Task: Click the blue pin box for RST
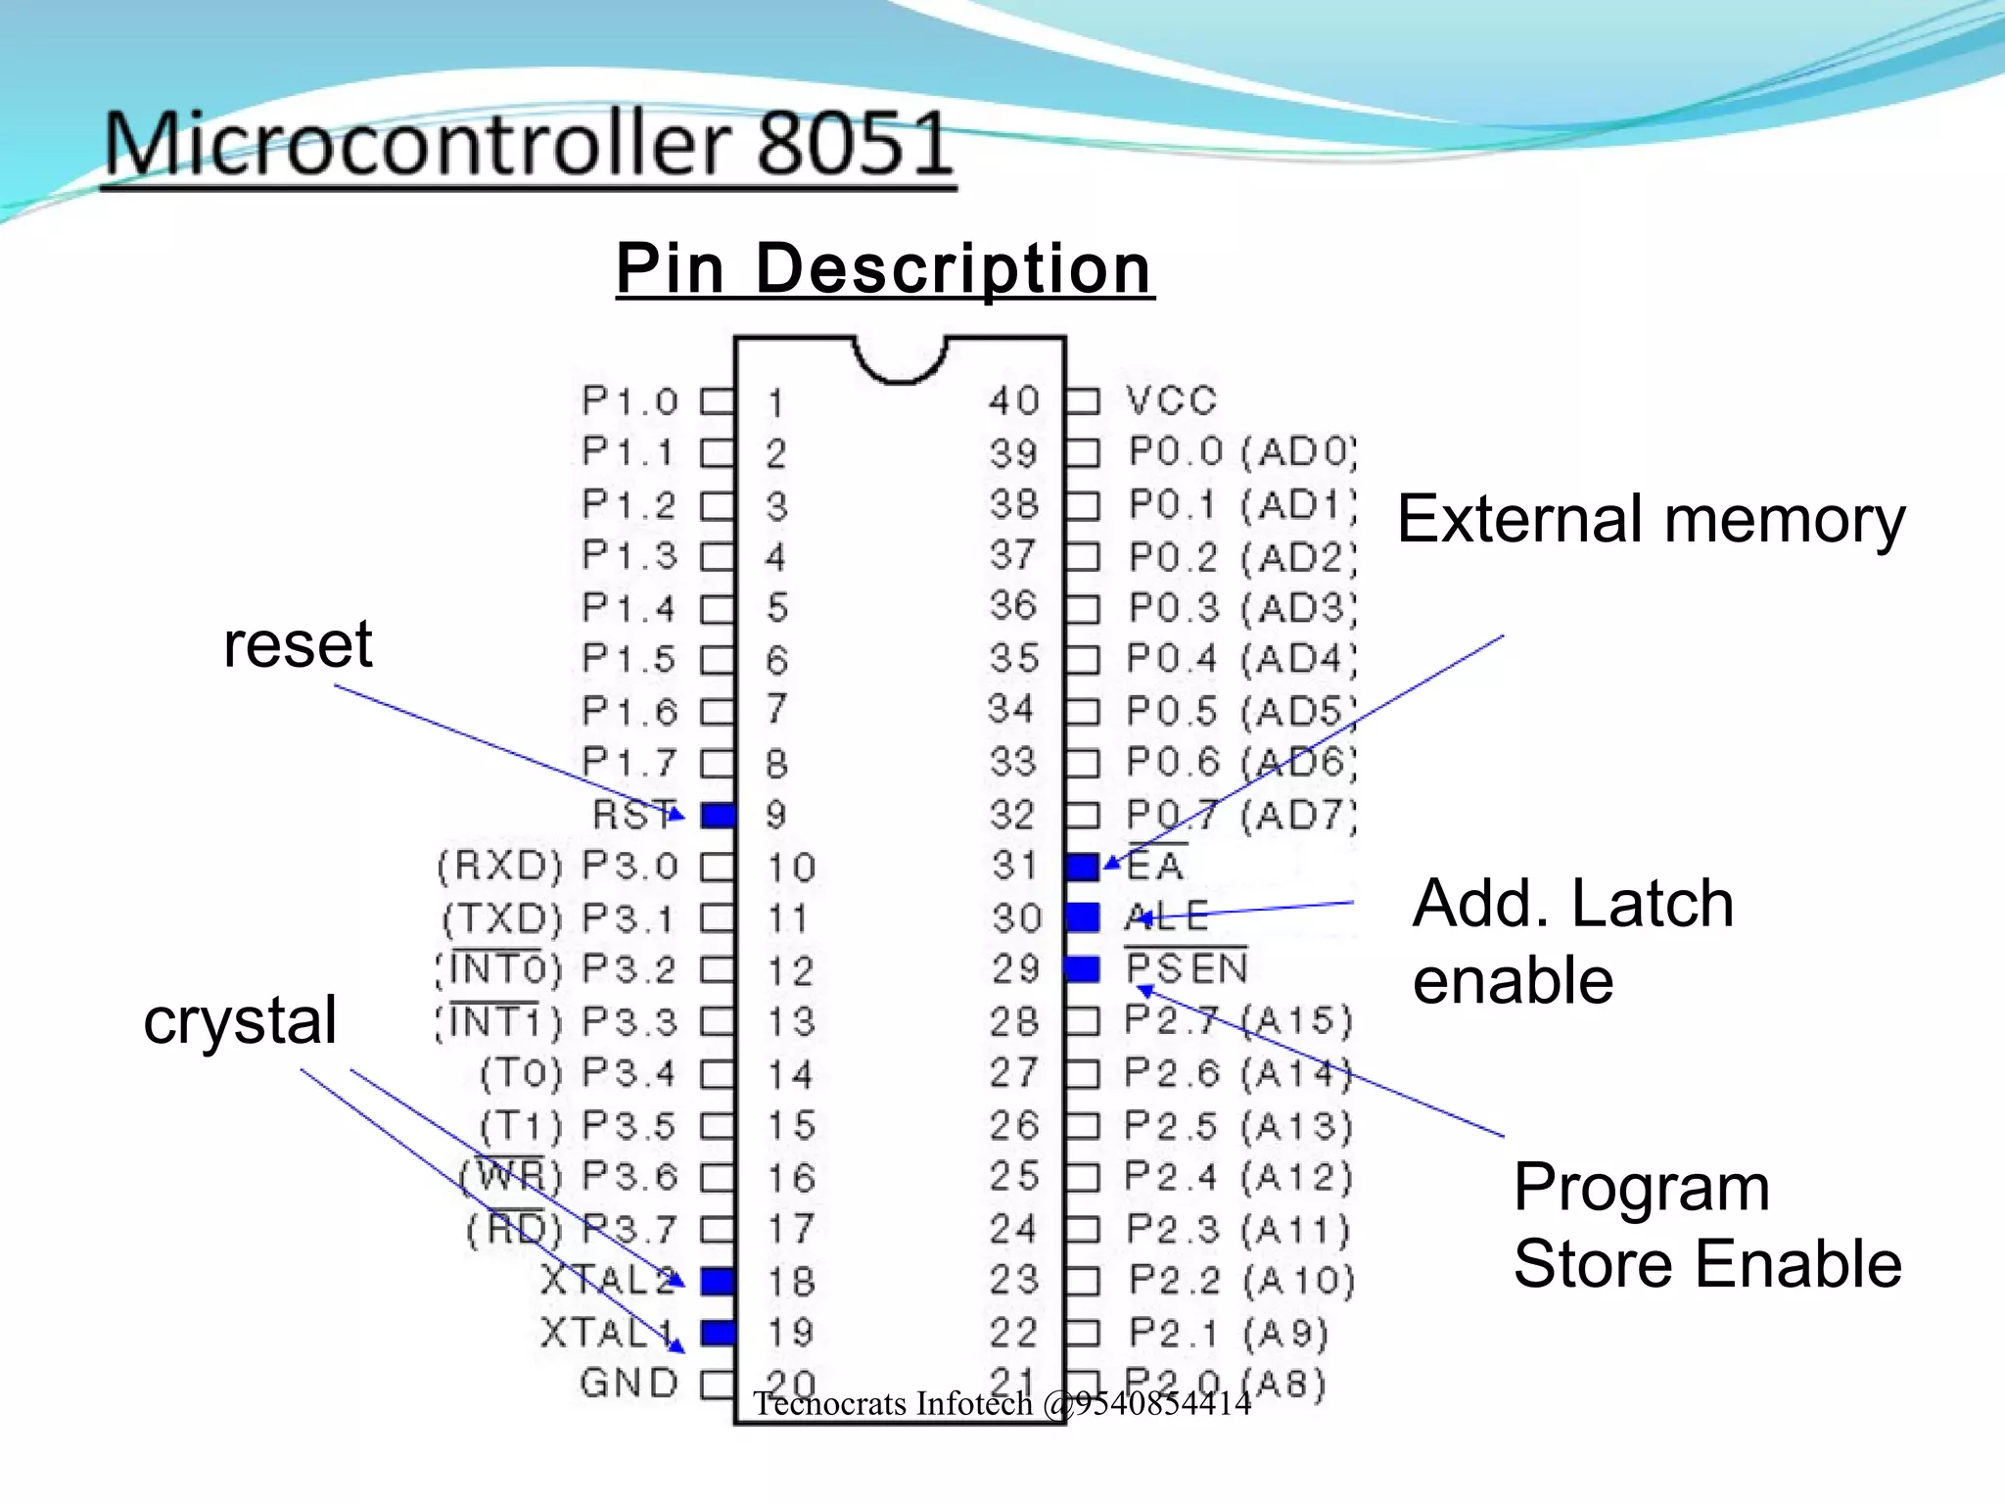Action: tap(718, 815)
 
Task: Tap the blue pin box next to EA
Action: tap(1082, 867)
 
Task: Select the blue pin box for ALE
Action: tap(1082, 917)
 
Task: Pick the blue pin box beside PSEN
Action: tap(1082, 969)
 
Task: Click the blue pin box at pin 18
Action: tap(718, 1280)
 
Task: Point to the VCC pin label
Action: tap(1171, 400)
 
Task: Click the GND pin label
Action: tap(629, 1383)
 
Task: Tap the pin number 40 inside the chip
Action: tap(1013, 400)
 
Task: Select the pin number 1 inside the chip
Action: tap(775, 402)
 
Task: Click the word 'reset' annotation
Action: tap(298, 644)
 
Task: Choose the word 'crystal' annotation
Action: tap(240, 1020)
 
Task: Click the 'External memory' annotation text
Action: tap(1651, 519)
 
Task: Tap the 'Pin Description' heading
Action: tap(885, 268)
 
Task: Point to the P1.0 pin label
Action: tap(629, 400)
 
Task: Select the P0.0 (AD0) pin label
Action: tap(1241, 451)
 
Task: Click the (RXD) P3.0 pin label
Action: tap(557, 866)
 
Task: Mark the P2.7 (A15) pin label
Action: tap(1237, 1020)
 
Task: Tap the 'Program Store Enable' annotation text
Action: tap(1707, 1225)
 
